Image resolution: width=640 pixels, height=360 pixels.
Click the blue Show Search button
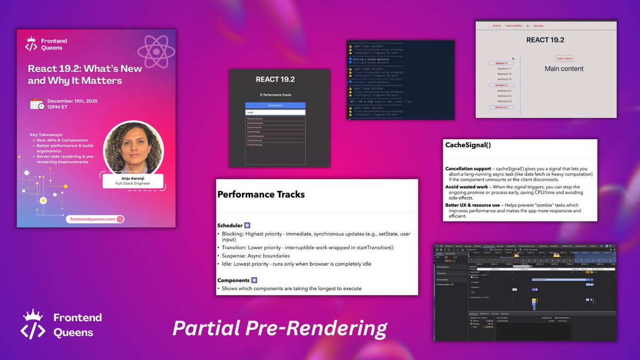[275, 106]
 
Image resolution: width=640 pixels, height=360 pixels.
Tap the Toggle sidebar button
[564, 58]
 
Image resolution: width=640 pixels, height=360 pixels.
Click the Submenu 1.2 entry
[504, 74]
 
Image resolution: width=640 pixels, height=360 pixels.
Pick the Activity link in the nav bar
[497, 26]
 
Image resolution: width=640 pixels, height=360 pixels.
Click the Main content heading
[564, 69]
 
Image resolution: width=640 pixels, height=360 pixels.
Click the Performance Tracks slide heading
[261, 195]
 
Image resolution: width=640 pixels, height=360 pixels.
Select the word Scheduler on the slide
[230, 225]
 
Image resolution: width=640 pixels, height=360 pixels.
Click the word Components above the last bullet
[233, 280]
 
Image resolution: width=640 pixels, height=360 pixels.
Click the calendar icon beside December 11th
[37, 104]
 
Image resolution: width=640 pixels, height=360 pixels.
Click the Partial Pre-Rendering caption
[279, 328]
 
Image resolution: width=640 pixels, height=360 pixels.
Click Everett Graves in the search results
[255, 118]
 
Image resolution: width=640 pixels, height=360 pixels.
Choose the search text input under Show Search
[275, 113]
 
